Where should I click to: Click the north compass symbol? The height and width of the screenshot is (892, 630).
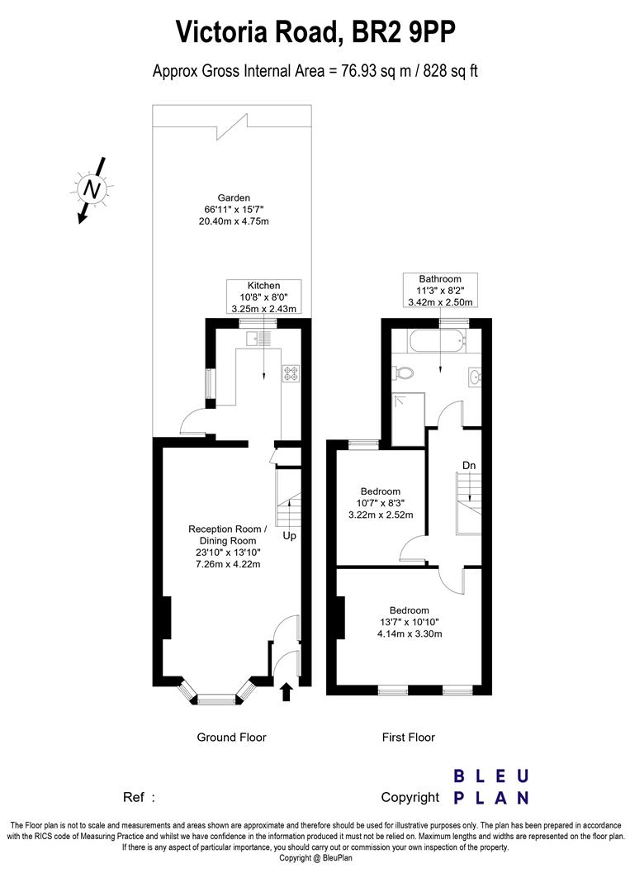click(x=93, y=189)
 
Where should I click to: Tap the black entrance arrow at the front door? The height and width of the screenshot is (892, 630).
click(x=287, y=690)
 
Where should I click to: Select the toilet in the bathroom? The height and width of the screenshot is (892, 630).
click(x=404, y=373)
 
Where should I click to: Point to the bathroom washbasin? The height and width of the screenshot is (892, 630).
click(x=474, y=378)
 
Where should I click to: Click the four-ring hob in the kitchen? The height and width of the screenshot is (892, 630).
click(x=291, y=373)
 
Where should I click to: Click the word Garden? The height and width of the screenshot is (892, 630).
click(x=234, y=197)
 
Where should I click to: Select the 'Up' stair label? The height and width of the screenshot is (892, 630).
click(x=289, y=535)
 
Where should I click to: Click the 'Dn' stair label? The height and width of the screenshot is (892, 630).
click(x=469, y=466)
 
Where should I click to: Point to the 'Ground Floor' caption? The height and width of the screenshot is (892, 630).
click(x=231, y=737)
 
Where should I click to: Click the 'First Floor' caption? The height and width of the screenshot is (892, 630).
click(x=408, y=737)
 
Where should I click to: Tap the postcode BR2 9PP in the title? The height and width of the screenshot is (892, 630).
click(x=404, y=33)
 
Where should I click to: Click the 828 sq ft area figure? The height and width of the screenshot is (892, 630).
click(x=451, y=71)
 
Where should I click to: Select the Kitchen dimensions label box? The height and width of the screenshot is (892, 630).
click(x=263, y=297)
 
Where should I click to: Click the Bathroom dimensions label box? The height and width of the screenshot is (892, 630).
click(x=439, y=291)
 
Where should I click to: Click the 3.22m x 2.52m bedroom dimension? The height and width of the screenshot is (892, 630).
click(x=381, y=515)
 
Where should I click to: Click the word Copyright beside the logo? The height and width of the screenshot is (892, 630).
click(x=410, y=797)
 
